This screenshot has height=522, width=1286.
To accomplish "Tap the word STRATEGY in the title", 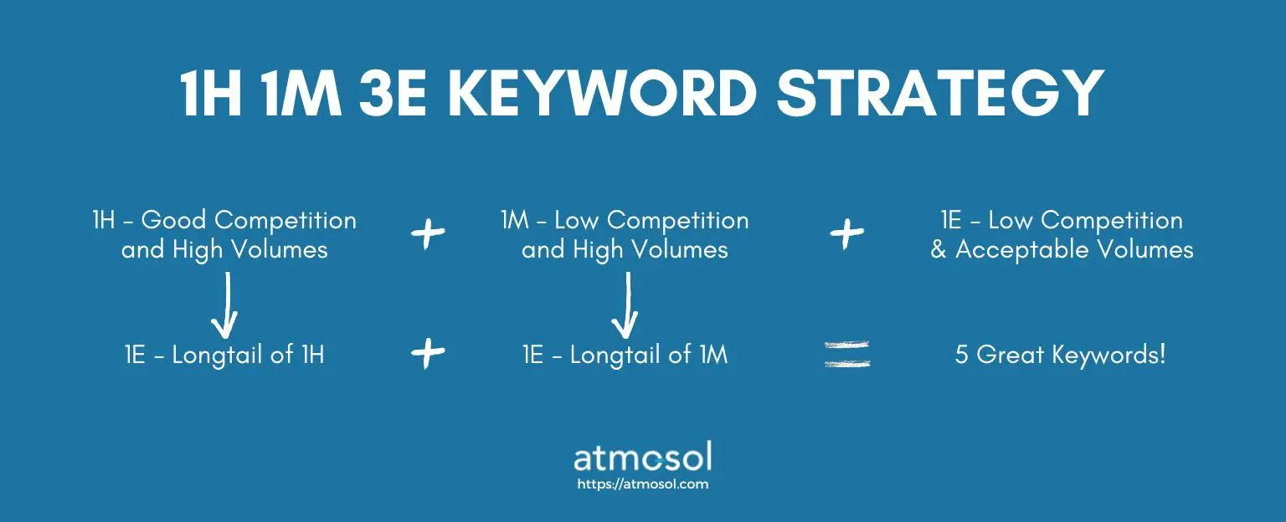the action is point(940,93).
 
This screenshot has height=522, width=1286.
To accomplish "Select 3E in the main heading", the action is point(393,93).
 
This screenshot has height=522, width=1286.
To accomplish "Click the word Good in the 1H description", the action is point(173,220).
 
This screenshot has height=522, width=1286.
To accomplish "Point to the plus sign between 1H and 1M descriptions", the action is point(428,233).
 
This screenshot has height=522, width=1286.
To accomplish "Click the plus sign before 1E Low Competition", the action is point(846,233).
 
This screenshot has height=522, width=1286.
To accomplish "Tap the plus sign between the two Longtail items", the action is point(428,353).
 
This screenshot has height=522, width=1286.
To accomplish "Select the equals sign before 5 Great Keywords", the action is point(847,354).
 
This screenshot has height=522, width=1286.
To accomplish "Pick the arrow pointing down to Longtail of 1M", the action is point(625,305).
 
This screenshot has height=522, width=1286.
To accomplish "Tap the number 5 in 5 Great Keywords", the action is point(962,355).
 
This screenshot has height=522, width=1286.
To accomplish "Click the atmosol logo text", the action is point(642,458).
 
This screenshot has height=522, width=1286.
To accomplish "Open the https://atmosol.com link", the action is point(642,484).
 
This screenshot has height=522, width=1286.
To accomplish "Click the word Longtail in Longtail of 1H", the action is point(218,355).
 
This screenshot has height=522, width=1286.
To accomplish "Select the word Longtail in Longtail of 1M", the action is point(615,355).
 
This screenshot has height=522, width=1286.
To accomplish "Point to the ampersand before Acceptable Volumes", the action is point(939,250).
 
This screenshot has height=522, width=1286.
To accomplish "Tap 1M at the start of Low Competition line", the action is point(514,220).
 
